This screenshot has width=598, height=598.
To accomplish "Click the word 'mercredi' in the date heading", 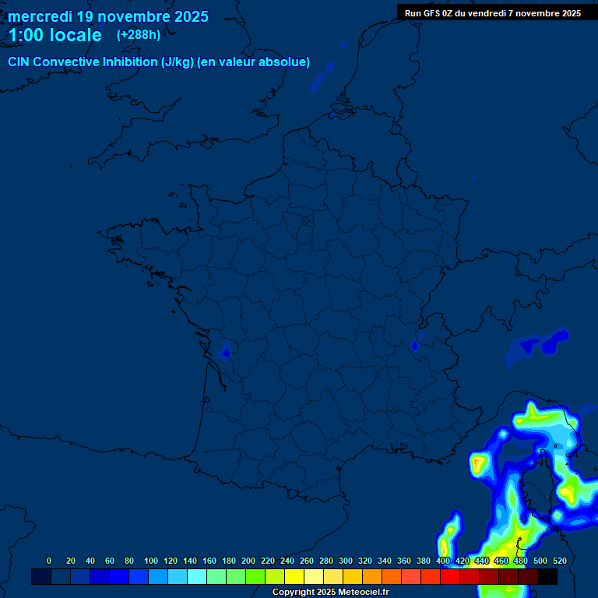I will [x=40, y=16].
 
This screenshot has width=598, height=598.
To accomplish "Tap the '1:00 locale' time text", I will [x=55, y=36].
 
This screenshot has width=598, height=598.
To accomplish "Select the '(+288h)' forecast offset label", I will [x=139, y=35].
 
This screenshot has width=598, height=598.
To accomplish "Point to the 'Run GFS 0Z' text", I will [x=430, y=13].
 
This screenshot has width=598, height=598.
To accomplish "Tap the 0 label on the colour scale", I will [x=49, y=561].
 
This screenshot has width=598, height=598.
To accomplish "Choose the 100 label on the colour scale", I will [x=151, y=561].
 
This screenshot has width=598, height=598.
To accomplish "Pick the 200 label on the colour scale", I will [x=248, y=561].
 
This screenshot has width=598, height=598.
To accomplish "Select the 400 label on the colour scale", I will [x=443, y=561].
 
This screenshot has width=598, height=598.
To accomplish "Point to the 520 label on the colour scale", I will [x=559, y=561].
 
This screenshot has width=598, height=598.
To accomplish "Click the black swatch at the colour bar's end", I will [x=547, y=577].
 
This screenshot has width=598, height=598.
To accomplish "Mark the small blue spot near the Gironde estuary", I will [x=226, y=352].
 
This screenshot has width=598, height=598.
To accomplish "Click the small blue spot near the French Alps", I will [x=415, y=342].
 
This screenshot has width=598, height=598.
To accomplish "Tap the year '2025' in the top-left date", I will [x=189, y=16].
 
